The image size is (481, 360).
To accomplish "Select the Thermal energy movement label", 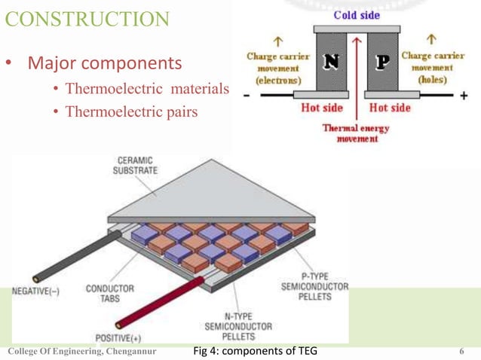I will coord(355,134).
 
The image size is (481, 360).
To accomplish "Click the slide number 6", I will coord(461,351).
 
